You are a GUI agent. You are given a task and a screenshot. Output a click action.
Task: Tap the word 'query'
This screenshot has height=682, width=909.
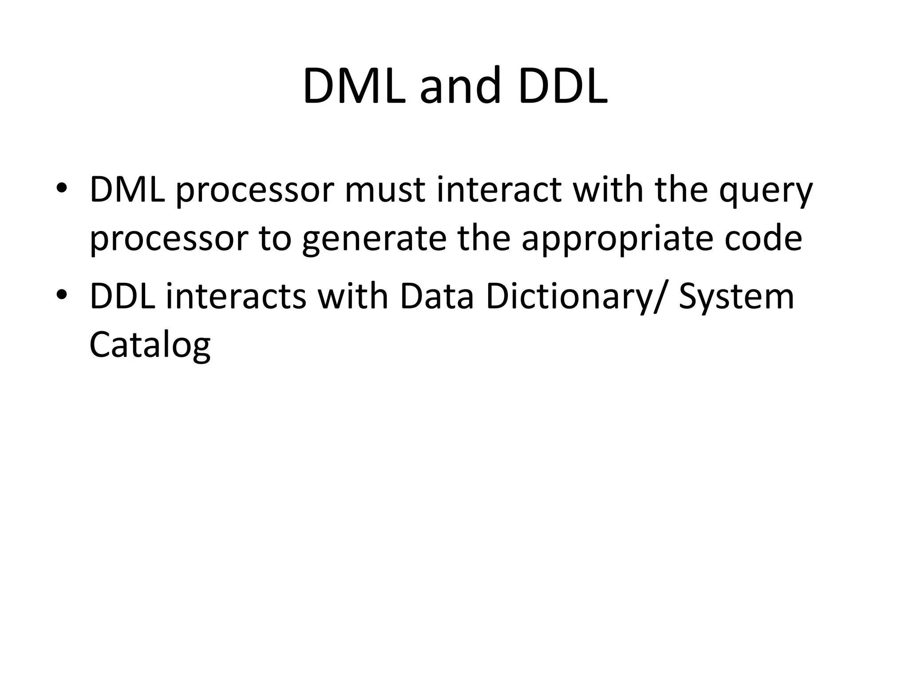click(x=766, y=192)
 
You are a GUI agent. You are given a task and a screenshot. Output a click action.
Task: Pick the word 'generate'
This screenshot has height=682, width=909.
click(x=374, y=240)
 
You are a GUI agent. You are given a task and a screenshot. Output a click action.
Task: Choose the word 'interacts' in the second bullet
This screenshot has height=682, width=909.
click(x=236, y=297)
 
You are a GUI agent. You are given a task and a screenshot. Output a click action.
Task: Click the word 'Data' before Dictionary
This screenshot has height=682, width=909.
click(x=437, y=297)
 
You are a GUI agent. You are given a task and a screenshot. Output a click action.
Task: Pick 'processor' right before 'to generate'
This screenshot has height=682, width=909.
click(x=168, y=240)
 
